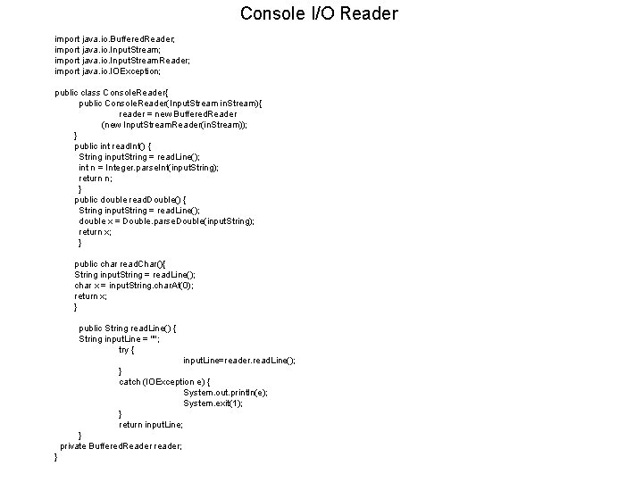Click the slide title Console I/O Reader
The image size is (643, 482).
coord(319,13)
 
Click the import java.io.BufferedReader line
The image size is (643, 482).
coord(115,39)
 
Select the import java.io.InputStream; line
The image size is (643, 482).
coord(108,50)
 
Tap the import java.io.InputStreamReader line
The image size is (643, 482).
coord(122,61)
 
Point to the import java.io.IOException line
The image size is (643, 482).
coord(108,71)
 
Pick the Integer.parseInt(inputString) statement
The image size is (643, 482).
coord(148,168)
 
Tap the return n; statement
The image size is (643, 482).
coord(96,179)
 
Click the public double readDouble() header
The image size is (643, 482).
coord(132,200)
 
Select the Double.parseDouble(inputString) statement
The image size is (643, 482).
coord(166,221)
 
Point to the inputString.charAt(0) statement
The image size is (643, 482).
coord(134,286)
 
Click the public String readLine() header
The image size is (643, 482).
coord(127,328)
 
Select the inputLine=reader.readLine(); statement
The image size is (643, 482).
coord(238,361)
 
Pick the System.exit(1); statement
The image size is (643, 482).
coord(213,403)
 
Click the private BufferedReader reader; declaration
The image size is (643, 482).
coord(121,446)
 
